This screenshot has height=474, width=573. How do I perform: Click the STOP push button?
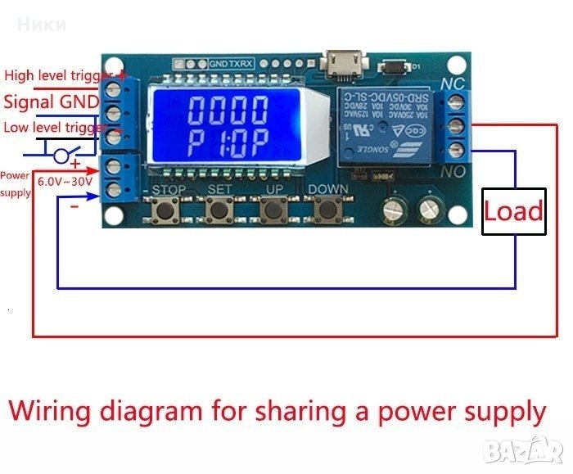(x=165, y=211)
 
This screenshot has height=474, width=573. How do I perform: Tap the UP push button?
(x=273, y=211)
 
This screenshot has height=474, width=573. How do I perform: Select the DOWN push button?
(x=327, y=211)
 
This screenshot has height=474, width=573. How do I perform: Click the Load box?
(x=513, y=211)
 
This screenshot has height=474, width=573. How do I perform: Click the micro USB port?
(x=336, y=61)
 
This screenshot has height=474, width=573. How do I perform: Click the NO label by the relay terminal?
(x=453, y=172)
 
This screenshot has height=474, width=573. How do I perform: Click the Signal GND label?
(x=52, y=102)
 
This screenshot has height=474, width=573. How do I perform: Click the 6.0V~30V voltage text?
(x=65, y=182)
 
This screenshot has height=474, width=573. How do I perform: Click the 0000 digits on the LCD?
(x=228, y=109)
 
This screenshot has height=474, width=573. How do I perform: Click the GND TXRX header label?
(x=232, y=62)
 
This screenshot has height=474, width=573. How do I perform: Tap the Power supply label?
(x=16, y=183)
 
